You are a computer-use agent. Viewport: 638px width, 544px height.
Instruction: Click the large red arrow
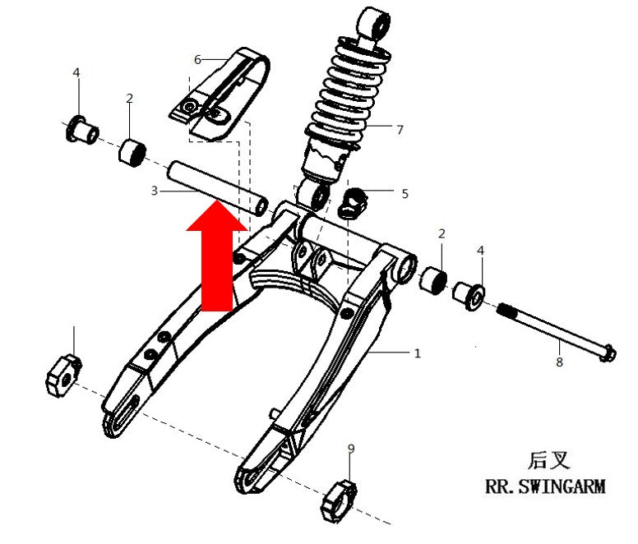coord(217,260)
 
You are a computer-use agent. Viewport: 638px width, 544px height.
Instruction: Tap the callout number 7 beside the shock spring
coord(400,130)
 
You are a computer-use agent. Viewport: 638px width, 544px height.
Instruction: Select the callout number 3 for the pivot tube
coord(155,191)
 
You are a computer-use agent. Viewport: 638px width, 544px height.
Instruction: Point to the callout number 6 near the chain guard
coord(198,60)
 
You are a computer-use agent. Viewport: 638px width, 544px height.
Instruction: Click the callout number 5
coord(405,194)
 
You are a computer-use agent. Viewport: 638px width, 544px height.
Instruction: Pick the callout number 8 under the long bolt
coord(559,362)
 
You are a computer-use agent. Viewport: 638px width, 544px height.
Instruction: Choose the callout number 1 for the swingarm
coord(417,353)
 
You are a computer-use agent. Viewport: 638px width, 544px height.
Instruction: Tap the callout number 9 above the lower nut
coord(351,449)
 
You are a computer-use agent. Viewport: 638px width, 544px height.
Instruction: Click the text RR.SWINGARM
coord(545,486)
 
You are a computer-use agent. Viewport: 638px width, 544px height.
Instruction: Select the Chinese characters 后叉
coord(549,460)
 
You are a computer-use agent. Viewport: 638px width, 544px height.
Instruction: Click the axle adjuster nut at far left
coord(64,375)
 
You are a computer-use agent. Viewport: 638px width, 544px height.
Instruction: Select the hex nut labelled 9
coord(339,500)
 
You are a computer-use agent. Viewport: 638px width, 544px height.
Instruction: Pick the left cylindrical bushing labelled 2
coord(132,153)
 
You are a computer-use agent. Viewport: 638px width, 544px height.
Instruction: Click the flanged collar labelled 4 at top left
coord(82,129)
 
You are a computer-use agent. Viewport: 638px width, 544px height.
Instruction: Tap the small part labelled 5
coord(354,203)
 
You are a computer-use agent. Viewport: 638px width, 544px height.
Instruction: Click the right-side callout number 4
coord(480,251)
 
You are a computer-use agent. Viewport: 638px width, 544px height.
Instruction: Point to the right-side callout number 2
coord(442,233)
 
